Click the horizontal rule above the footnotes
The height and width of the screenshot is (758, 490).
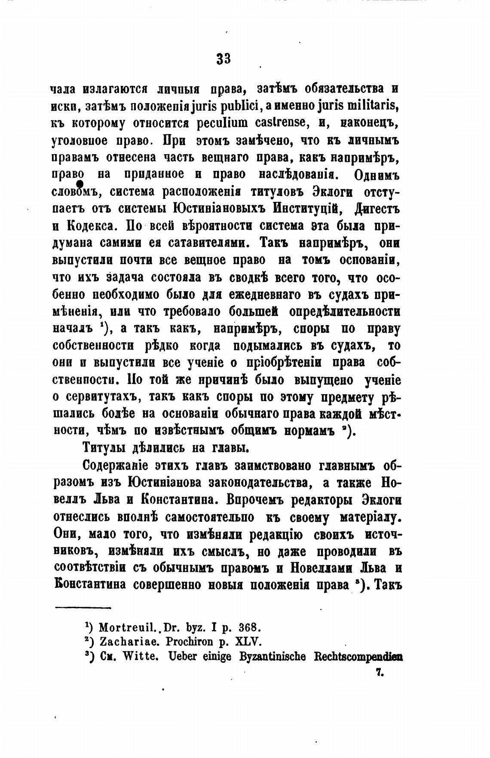tap(83, 607)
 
